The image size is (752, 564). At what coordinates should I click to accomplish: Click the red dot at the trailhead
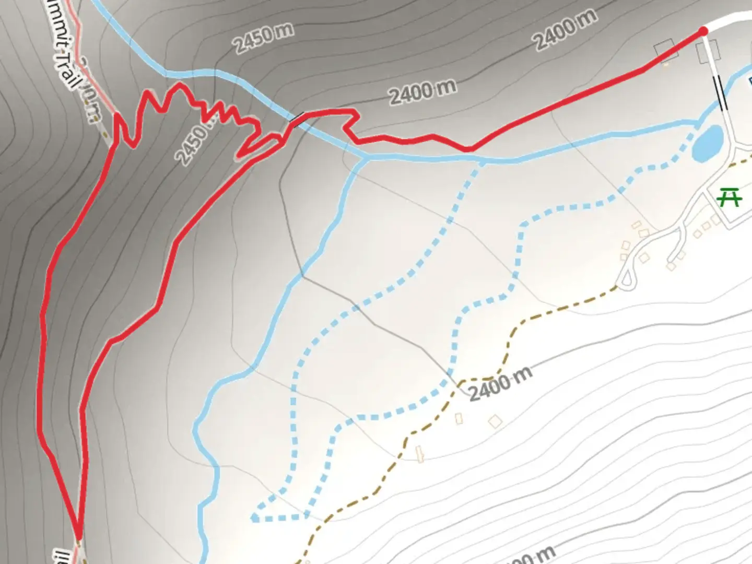[703, 32]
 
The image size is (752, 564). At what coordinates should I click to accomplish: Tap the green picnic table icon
[730, 198]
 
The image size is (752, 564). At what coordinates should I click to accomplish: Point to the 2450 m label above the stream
[264, 38]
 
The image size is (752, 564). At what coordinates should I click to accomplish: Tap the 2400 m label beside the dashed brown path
[500, 384]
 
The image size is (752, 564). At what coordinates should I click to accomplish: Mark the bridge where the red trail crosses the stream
[297, 120]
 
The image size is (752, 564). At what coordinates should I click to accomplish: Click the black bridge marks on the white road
[721, 93]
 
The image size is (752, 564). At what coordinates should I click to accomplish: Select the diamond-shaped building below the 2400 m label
[495, 421]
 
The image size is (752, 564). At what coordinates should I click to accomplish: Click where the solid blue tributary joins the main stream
[366, 157]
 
